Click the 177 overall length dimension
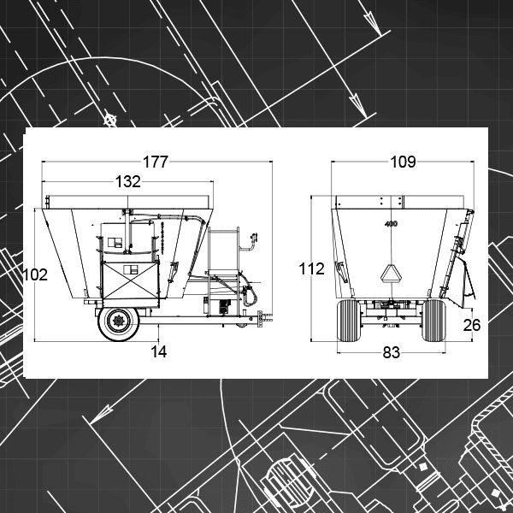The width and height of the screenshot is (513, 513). click(156, 162)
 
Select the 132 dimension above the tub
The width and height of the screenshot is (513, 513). click(128, 181)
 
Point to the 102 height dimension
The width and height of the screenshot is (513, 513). click(35, 274)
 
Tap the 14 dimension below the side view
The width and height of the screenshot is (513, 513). click(159, 351)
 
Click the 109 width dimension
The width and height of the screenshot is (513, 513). click(403, 162)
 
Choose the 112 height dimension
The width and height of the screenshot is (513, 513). click(311, 269)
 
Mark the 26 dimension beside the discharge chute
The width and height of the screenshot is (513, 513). click(472, 325)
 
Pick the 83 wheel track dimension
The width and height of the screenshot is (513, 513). click(392, 352)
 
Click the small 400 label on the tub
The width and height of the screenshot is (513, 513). click(391, 224)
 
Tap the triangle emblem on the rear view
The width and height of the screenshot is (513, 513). click(391, 274)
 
